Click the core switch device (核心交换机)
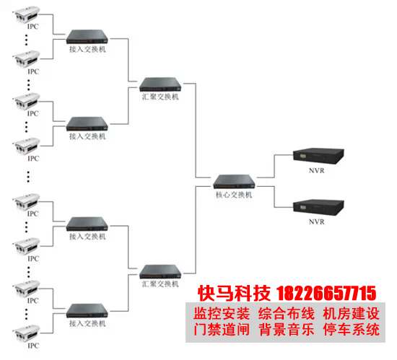pyautogui.click(x=234, y=181)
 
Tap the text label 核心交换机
pyautogui.click(x=234, y=195)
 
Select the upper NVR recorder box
pyautogui.click(x=318, y=156)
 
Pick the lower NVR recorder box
pyautogui.click(x=318, y=207)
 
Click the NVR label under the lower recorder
pyautogui.click(x=316, y=222)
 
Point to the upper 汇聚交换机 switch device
pyautogui.click(x=160, y=84)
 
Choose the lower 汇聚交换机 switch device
pyautogui.click(x=160, y=271)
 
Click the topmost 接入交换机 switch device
pyautogui.click(x=87, y=37)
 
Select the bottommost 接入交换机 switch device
pyautogui.click(x=87, y=311)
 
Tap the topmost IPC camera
pyautogui.click(x=26, y=15)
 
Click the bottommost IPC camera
pyautogui.click(x=26, y=333)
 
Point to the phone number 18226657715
pyautogui.click(x=326, y=294)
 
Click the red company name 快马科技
pyautogui.click(x=234, y=294)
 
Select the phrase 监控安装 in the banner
pyautogui.click(x=222, y=314)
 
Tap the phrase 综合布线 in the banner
pyautogui.click(x=287, y=314)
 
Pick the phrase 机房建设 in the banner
pyautogui.click(x=352, y=314)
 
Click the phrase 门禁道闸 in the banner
pyautogui.click(x=222, y=330)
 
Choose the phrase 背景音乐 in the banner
pyautogui.click(x=287, y=330)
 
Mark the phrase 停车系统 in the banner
pyautogui.click(x=352, y=330)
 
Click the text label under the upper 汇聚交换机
pyautogui.click(x=160, y=97)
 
